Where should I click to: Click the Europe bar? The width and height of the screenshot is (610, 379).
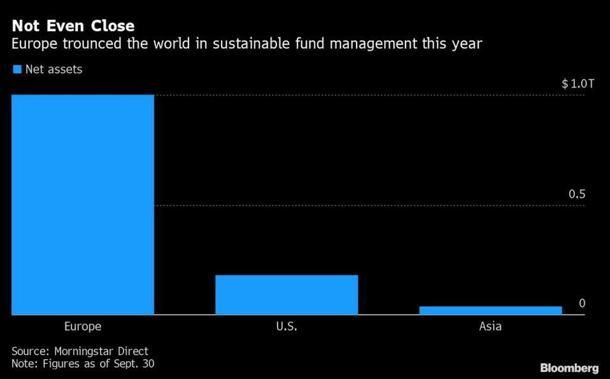pos(83,204)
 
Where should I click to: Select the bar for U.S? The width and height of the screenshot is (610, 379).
pos(287,294)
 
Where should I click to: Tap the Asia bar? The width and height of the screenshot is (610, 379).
pos(490,310)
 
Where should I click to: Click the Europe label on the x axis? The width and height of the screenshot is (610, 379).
pos(83,327)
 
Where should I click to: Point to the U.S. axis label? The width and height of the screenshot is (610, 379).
pos(287,327)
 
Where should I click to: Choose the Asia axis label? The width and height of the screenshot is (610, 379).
pos(490,327)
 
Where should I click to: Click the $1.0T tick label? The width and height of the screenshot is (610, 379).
pos(578,84)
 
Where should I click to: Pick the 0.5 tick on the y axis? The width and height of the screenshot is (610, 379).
pos(577,195)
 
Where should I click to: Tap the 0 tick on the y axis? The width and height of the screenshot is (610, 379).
pos(582,304)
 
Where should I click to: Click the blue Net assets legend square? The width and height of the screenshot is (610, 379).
pos(17,69)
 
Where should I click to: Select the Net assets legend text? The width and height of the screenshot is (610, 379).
pos(53,69)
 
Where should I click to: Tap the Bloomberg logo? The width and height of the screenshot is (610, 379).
pos(569,368)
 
